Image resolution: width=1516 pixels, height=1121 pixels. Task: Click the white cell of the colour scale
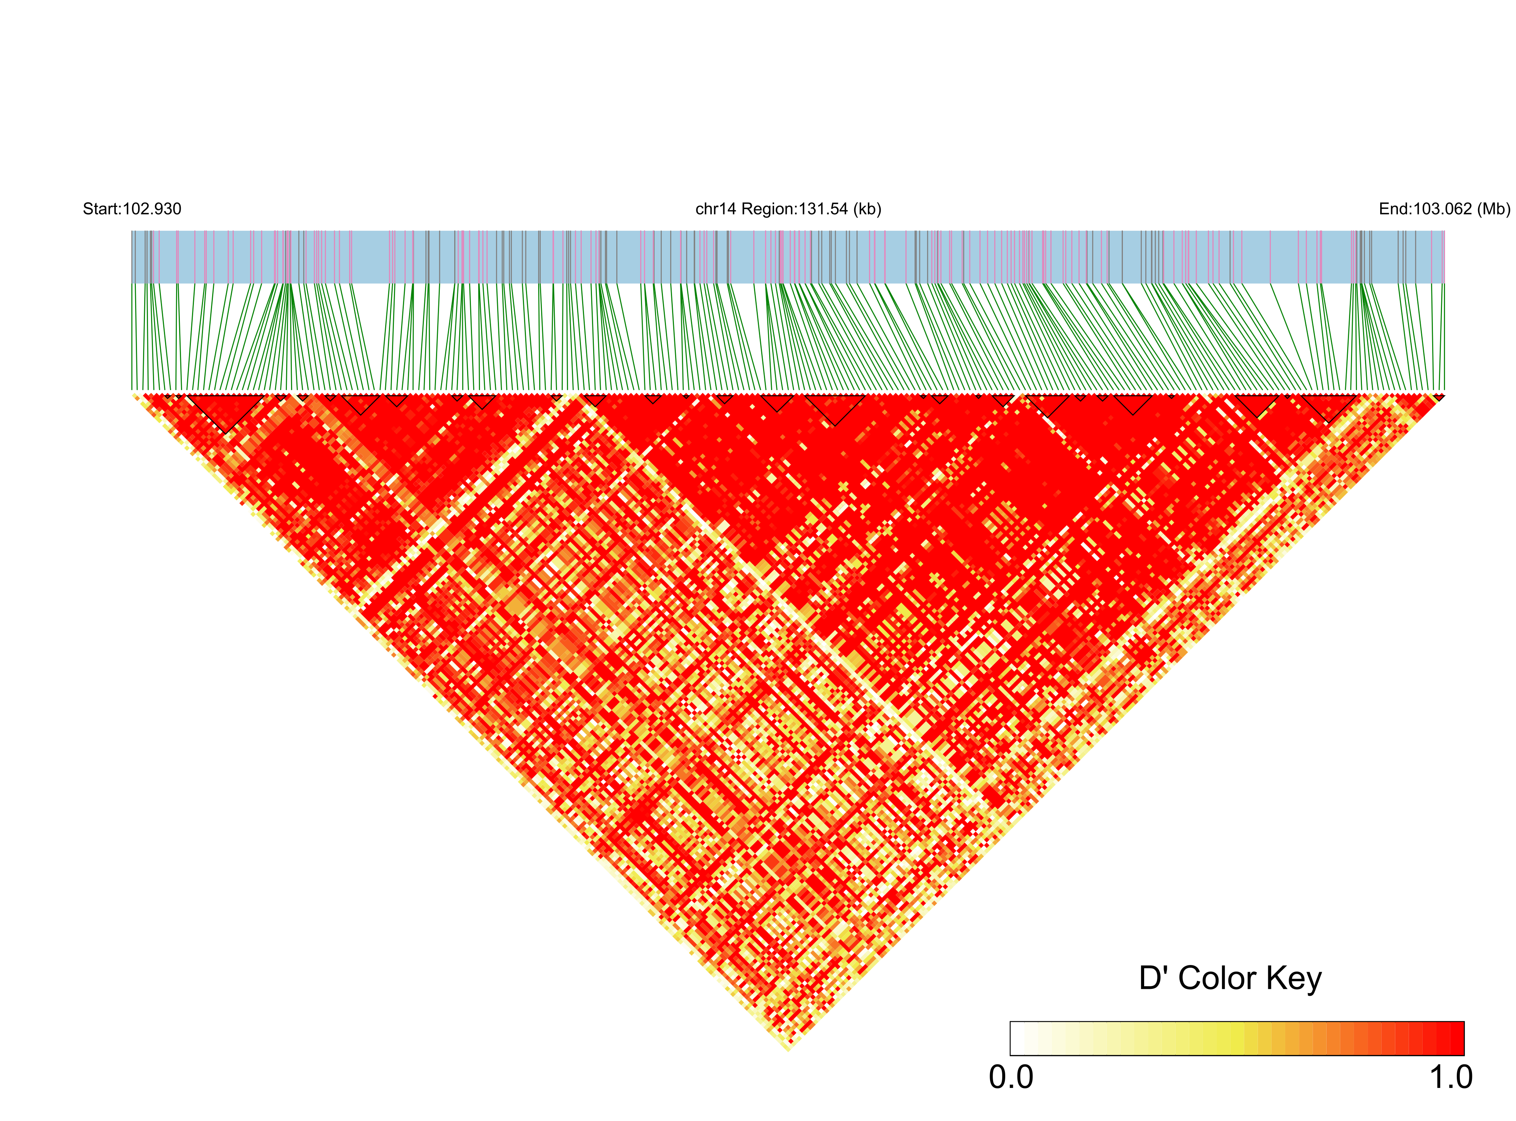click(x=1017, y=1038)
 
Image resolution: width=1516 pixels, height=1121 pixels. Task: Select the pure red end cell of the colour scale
click(x=1456, y=1038)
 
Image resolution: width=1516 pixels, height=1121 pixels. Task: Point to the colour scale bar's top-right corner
click(x=1463, y=1022)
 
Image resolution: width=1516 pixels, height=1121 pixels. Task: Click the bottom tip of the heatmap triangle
click(x=788, y=1050)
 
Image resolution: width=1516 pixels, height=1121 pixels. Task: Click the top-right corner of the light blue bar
click(x=1444, y=231)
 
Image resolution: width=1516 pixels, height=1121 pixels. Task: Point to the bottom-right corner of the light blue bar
click(x=1444, y=283)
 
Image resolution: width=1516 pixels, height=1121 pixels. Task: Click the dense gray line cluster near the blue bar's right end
click(x=1361, y=257)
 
